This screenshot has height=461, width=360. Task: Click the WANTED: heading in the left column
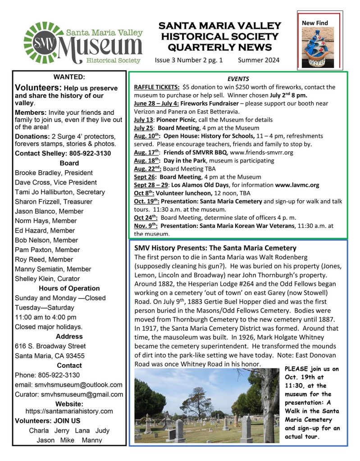(69, 77)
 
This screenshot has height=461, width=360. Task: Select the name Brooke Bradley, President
(54, 173)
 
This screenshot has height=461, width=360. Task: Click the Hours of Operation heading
(69, 288)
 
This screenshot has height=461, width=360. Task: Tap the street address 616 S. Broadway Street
(50, 346)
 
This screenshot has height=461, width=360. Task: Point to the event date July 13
(142, 120)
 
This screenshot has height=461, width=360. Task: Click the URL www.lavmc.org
(297, 185)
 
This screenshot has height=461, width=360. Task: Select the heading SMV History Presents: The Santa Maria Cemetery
(215, 248)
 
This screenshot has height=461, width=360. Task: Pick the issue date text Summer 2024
(259, 60)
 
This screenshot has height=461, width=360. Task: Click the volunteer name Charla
(38, 430)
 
